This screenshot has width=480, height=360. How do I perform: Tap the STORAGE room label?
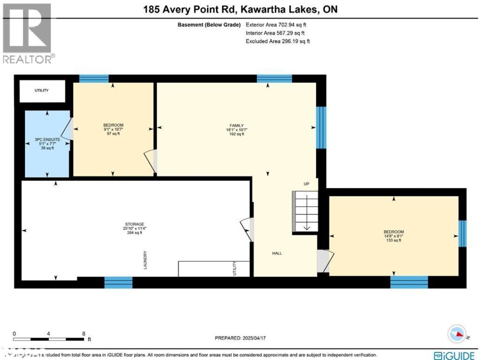pyautogui.click(x=135, y=224)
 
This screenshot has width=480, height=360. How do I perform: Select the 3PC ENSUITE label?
pyautogui.click(x=47, y=140)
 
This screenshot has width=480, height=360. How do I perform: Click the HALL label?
pyautogui.click(x=277, y=253)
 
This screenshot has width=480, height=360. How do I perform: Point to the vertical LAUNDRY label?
pyautogui.click(x=145, y=260)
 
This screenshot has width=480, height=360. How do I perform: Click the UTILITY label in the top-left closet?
pyautogui.click(x=42, y=90)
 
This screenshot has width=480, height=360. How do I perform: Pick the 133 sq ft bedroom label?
pyautogui.click(x=393, y=232)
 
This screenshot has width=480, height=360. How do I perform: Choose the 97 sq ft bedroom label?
pyautogui.click(x=113, y=125)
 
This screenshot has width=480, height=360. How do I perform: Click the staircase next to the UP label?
pyautogui.click(x=305, y=212)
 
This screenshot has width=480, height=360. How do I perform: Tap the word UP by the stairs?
pyautogui.click(x=306, y=184)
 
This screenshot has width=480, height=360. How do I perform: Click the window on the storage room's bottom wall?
pyautogui.click(x=118, y=282)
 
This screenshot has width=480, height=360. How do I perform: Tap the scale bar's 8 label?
pyautogui.click(x=84, y=333)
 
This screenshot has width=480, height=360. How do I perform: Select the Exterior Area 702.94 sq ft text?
pyautogui.click(x=277, y=24)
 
